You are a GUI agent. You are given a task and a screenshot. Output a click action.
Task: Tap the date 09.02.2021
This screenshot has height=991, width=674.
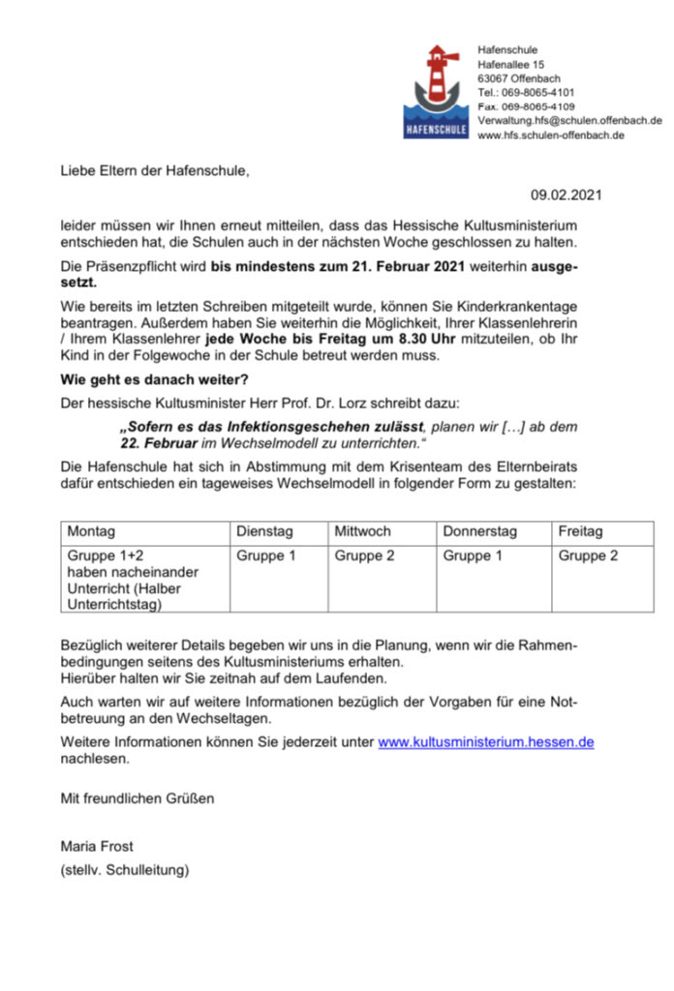tap(567, 195)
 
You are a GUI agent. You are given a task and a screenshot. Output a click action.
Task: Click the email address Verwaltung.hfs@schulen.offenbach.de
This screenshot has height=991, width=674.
tap(569, 121)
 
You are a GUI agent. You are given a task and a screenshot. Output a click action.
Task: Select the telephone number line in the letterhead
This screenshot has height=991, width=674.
tap(526, 92)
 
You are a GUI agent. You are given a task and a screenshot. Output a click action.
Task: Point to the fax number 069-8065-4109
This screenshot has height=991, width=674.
tap(526, 106)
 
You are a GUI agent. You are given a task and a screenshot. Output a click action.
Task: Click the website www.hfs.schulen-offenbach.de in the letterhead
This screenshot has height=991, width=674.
tap(550, 135)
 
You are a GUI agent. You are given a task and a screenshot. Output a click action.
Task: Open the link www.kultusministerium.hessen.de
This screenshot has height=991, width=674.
tap(485, 742)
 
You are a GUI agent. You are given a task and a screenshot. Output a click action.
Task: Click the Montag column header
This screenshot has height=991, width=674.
tap(91, 532)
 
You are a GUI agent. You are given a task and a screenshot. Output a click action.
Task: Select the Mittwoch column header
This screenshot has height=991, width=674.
tap(363, 532)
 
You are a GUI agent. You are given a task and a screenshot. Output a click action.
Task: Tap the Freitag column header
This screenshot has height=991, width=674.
tap(581, 532)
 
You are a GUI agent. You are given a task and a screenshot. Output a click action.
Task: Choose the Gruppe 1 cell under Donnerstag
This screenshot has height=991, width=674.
tap(474, 556)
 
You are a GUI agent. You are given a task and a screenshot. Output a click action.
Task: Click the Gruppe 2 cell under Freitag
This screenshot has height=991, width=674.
tap(589, 556)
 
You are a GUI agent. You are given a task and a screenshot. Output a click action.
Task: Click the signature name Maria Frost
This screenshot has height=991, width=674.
tap(97, 847)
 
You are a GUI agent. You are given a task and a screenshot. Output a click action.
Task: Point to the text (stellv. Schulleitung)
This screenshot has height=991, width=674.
tap(125, 870)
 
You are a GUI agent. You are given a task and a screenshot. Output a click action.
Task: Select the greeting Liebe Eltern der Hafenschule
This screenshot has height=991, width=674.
tap(155, 171)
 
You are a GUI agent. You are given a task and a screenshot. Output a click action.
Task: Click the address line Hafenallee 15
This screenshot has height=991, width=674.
tap(510, 64)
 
